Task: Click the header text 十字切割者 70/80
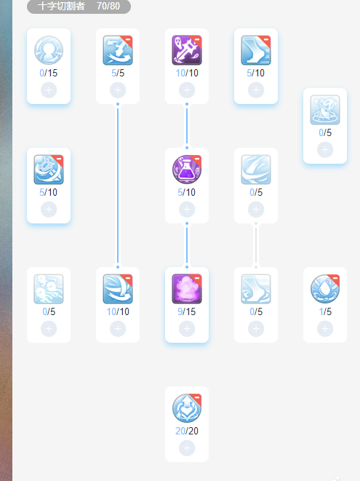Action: tap(79, 6)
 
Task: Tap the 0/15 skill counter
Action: tap(49, 73)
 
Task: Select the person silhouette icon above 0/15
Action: tap(49, 50)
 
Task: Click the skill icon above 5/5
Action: tap(118, 50)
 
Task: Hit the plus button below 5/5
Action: tap(118, 90)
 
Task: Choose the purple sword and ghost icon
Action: tap(187, 50)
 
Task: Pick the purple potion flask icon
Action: tap(187, 170)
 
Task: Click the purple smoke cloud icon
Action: tap(187, 289)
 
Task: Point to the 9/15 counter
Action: tap(187, 311)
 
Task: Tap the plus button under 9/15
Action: tap(187, 329)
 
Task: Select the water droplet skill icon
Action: tap(325, 289)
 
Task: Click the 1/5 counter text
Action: tap(325, 311)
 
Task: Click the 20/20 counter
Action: tap(187, 431)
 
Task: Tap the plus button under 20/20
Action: tap(187, 448)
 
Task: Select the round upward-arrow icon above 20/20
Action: tap(187, 408)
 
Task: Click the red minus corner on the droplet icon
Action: tap(335, 279)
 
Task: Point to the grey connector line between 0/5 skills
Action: tap(256, 245)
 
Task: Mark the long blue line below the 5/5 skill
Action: tap(118, 186)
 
